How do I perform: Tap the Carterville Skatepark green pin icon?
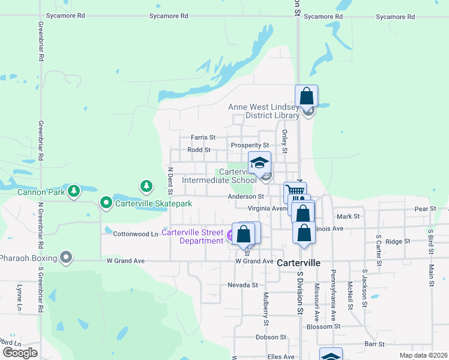106,203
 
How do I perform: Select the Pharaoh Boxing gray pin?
66,259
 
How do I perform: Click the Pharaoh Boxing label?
28,259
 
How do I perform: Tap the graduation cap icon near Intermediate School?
260,163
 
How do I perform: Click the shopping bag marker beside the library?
306,95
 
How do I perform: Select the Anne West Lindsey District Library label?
264,112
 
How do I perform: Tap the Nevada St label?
243,285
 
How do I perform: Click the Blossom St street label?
323,327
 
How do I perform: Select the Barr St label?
374,344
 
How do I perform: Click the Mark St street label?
348,217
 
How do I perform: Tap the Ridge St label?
397,241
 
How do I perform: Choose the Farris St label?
203,137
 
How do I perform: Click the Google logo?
20,353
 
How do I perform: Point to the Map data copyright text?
424,356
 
